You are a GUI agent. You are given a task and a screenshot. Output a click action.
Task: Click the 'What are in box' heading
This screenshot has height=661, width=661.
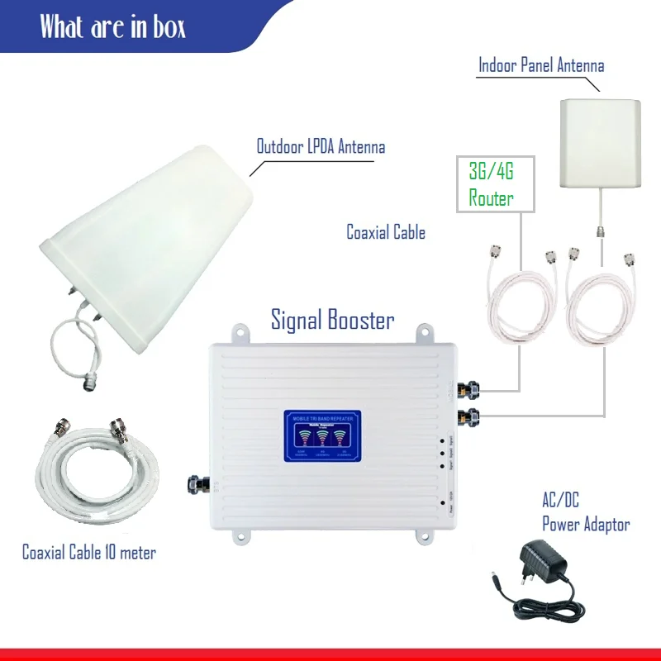tap(112, 26)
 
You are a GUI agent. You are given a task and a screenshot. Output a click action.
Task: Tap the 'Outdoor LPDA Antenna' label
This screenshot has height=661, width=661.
tap(321, 147)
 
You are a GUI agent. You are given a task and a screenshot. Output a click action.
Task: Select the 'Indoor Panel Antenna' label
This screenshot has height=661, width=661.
tap(541, 65)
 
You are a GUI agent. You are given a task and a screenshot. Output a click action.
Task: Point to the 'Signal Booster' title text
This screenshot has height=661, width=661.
tap(333, 320)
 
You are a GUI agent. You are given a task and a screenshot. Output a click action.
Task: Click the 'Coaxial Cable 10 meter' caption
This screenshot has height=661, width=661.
tap(88, 552)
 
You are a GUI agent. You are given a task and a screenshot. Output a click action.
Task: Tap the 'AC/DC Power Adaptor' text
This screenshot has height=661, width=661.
tap(585, 512)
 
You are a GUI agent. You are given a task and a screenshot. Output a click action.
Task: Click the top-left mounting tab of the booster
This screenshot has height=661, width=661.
tap(241, 334)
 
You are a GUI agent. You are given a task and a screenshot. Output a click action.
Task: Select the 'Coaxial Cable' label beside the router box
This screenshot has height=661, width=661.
tap(386, 232)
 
